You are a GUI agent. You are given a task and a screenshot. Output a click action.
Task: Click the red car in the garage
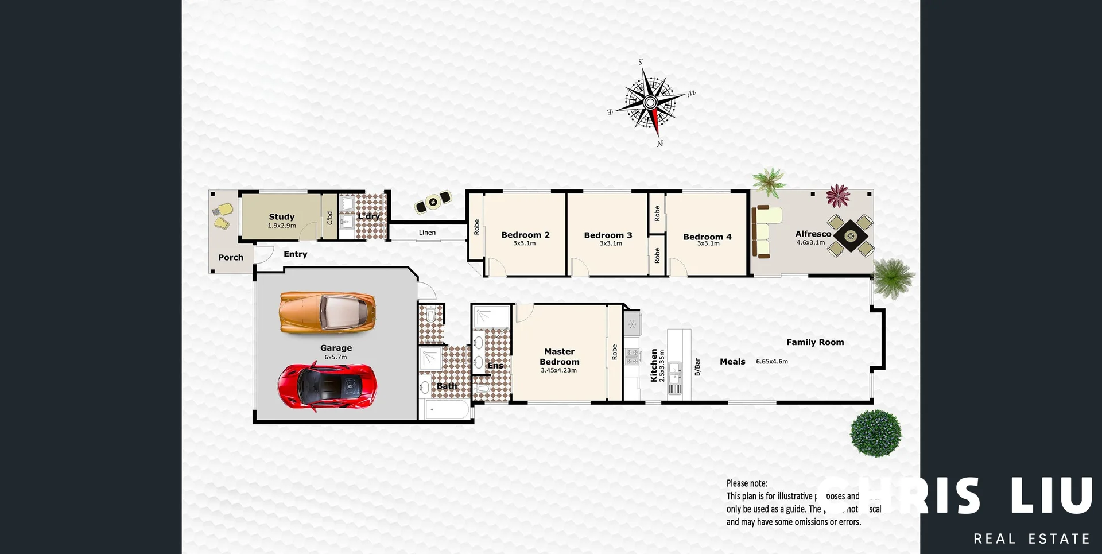coord(327,385)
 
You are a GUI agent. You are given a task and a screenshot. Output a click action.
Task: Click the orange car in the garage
coord(327,312)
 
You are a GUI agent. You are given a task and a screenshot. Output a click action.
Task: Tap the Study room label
coord(281,216)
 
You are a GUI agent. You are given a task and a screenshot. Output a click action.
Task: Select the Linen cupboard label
coord(427,233)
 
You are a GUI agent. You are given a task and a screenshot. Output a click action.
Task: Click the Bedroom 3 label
coord(608,235)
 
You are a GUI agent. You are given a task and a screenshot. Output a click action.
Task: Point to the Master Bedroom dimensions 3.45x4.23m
coord(558,371)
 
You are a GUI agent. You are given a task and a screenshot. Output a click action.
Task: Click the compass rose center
coord(650,103)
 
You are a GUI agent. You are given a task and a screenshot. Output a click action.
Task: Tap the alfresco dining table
coord(851,235)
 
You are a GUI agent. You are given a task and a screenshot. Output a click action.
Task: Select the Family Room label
coord(815,342)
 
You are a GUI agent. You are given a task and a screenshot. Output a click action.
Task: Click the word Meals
coord(732,362)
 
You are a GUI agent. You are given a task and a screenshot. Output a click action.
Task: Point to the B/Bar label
coord(697,367)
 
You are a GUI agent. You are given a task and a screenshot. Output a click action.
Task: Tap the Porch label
coord(231,258)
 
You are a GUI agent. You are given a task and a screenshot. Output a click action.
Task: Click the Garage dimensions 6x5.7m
coord(336,357)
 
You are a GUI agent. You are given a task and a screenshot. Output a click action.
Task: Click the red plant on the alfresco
coord(838,196)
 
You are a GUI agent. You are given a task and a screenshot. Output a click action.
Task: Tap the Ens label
coord(495,366)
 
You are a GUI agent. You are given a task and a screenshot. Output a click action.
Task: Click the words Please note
coord(747,483)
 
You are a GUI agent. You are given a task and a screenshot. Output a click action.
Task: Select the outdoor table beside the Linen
coord(433,202)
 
